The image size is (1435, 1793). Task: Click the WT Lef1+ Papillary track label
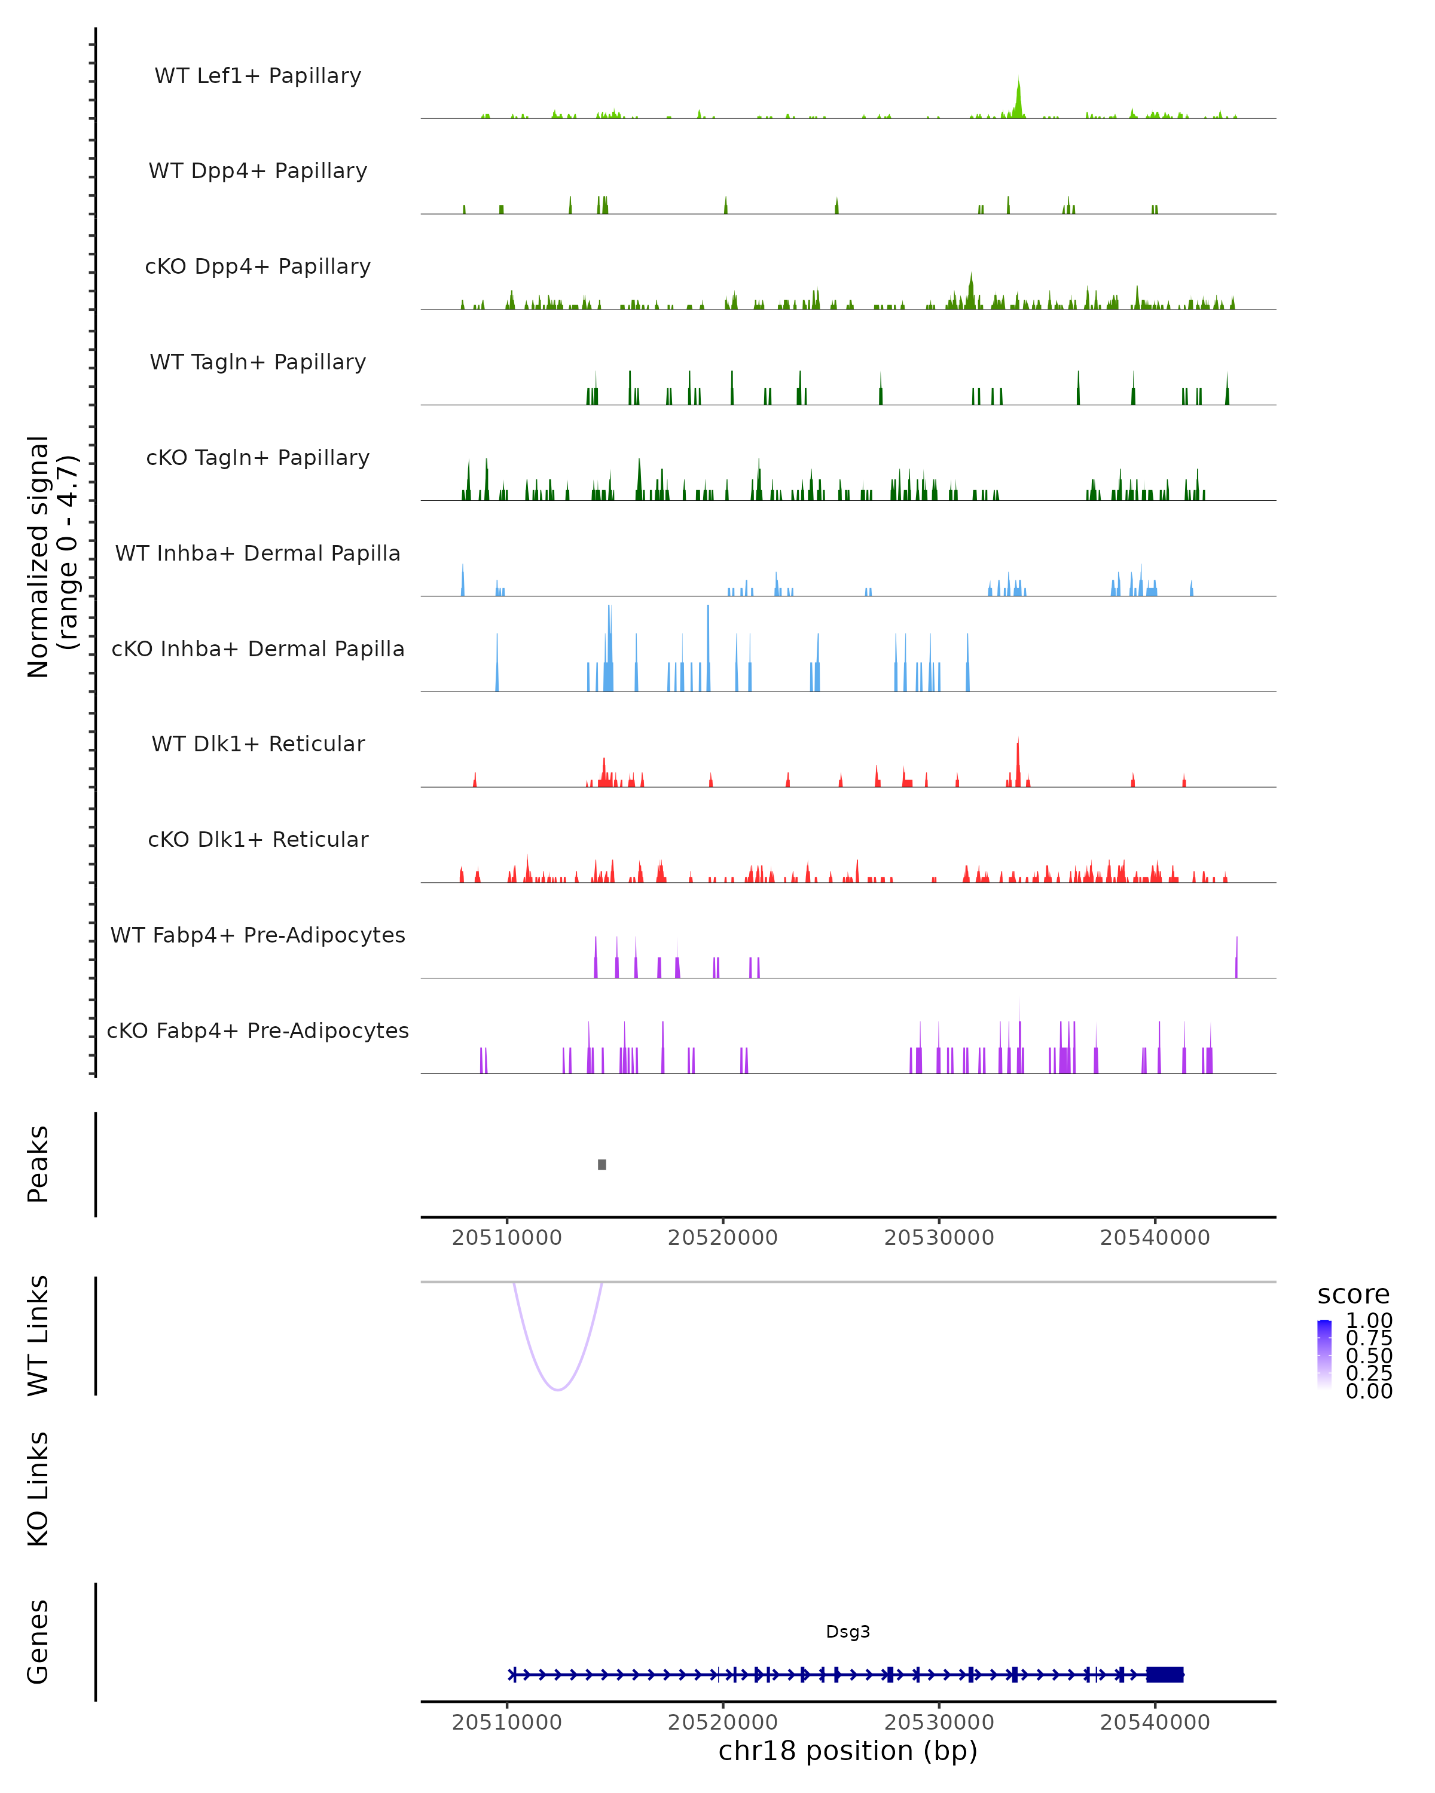tap(258, 76)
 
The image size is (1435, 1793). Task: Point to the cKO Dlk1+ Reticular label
tap(258, 839)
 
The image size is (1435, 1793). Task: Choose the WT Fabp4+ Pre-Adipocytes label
tap(258, 935)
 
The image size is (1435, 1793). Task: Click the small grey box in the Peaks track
tap(602, 1164)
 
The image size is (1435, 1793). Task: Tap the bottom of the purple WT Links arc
tap(558, 1389)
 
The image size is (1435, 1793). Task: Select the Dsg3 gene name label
tap(848, 1632)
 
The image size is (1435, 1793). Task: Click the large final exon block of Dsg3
tap(1165, 1675)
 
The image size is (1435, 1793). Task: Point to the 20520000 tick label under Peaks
tap(722, 1238)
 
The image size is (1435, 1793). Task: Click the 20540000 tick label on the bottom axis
tap(1155, 1723)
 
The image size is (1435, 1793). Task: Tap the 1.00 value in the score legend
tap(1369, 1321)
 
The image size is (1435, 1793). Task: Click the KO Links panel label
tap(38, 1489)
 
